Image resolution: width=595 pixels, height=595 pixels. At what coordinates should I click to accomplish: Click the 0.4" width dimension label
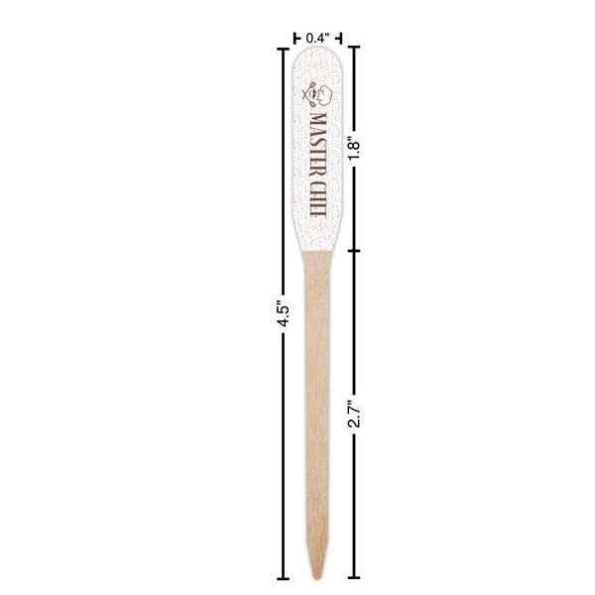pos(316,38)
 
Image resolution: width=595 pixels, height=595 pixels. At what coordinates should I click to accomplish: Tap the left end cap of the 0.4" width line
pos(295,38)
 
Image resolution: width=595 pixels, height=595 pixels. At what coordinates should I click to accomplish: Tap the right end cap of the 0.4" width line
pos(339,38)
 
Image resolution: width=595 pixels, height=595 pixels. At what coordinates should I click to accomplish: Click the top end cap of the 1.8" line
pos(354,47)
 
